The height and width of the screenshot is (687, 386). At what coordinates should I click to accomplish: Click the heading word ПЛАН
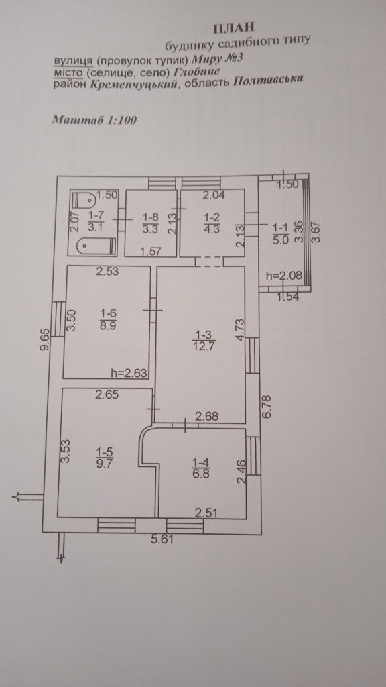point(233,29)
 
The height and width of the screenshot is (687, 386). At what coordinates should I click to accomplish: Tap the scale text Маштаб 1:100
point(94,119)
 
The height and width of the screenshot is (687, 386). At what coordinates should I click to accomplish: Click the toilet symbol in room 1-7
point(85,201)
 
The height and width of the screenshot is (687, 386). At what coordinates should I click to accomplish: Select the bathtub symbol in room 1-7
point(97,247)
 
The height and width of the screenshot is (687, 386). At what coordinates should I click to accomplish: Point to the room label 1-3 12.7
point(205,340)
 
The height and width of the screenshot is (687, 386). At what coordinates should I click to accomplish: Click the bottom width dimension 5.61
point(162,539)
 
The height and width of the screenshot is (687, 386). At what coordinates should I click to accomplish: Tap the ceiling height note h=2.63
point(129,374)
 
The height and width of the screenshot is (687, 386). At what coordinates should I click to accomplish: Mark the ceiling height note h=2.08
point(284,276)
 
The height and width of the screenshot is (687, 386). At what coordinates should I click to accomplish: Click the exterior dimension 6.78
point(268,407)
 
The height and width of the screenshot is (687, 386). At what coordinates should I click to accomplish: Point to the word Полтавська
point(268,81)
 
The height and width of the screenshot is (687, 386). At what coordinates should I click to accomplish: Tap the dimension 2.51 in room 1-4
point(206,513)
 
